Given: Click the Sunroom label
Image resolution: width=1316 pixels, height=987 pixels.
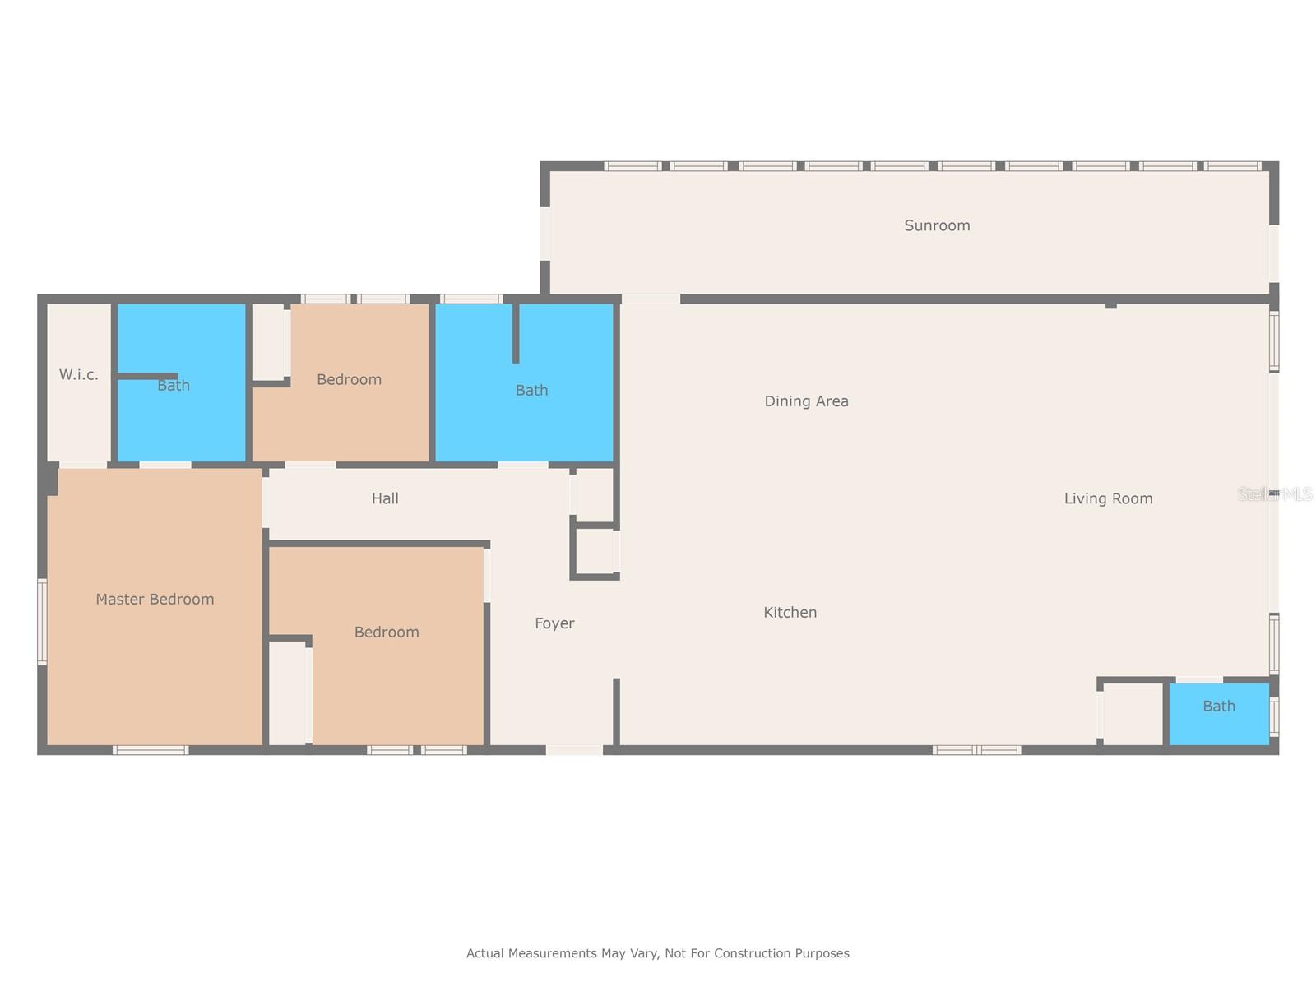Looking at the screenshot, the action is pos(937,225).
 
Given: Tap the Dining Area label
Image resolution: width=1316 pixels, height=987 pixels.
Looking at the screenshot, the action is pos(806,401).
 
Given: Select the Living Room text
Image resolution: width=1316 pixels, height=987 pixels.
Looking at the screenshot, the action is pos(1108,498).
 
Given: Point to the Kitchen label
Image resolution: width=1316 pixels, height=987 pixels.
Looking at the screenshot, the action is pos(790,612).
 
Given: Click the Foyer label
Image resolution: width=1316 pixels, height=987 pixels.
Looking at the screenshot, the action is pos(554,623).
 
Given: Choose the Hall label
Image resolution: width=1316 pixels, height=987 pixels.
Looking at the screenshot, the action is pos(385,498).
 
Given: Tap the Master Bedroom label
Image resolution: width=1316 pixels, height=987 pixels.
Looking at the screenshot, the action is pos(155,599).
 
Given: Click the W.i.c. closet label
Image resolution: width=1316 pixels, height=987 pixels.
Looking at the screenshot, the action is pos(78,374).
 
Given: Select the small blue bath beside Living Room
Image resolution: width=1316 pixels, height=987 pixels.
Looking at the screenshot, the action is pos(1219,714).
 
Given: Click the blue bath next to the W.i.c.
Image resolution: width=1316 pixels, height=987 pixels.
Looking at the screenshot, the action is pos(181,382).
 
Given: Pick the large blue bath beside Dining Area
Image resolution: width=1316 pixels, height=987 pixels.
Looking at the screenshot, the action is pos(524,382).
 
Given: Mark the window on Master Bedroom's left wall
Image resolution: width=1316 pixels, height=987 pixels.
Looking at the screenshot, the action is pos(42,622).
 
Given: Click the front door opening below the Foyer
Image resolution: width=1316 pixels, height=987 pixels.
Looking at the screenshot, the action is pos(574,749).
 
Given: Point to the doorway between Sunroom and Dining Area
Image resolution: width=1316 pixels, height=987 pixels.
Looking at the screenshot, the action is pos(651,299).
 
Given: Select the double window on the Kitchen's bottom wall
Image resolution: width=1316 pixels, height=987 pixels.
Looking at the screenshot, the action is pos(976,749).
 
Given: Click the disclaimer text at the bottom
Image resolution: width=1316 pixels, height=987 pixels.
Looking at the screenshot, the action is pos(658,952).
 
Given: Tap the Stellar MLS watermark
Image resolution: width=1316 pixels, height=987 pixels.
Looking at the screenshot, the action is pos(1275,493).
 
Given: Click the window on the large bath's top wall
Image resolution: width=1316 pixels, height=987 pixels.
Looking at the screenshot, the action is pos(471,299).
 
